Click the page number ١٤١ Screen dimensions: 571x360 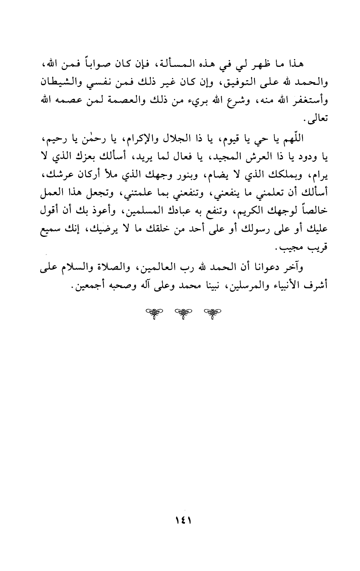click(x=179, y=521)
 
